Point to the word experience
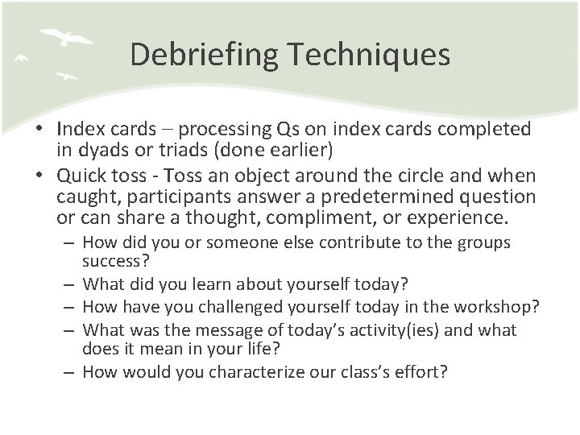[x=461, y=217]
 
